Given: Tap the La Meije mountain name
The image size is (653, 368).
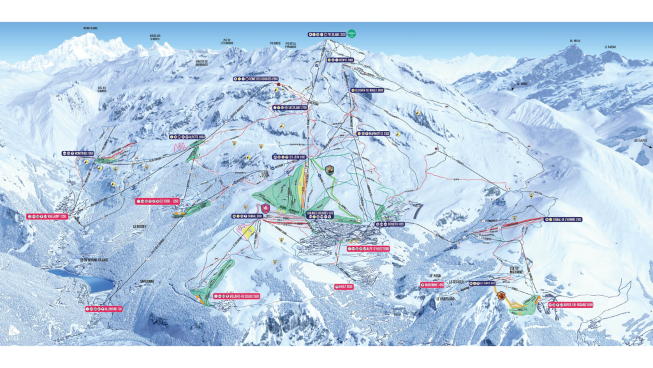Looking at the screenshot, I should coord(576,42).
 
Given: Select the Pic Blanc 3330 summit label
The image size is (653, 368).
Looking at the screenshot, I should coord(328,34).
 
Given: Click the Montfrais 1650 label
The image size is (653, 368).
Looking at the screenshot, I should coord(78,153).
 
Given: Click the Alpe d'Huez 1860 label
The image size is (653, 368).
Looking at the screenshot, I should coord(369,249).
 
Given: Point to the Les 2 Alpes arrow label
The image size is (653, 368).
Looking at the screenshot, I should coord(640,142).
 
